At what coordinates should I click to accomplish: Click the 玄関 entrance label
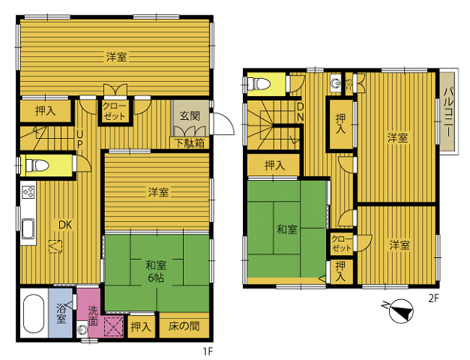click(x=190, y=115)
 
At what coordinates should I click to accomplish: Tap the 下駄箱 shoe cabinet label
click(x=190, y=143)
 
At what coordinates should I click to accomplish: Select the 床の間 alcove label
click(x=184, y=326)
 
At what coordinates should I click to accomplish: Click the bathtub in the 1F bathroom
click(x=33, y=313)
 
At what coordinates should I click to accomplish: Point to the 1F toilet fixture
click(x=37, y=165)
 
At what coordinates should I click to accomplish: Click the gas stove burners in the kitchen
click(x=28, y=192)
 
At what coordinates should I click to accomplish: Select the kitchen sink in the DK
click(x=28, y=229)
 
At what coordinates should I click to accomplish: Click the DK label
click(x=65, y=225)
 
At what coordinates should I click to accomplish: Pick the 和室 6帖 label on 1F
click(x=156, y=271)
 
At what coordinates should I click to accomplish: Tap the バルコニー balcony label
click(x=448, y=112)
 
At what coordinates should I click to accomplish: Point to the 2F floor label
click(x=433, y=298)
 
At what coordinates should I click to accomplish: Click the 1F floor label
click(x=208, y=351)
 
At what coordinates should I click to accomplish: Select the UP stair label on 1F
click(x=79, y=139)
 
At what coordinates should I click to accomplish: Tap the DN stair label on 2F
click(x=300, y=112)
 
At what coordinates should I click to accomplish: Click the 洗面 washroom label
click(x=93, y=316)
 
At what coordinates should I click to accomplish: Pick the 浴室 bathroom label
click(x=61, y=313)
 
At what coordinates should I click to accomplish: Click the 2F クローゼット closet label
click(x=341, y=244)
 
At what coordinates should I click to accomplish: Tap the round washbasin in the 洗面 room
click(x=82, y=330)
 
